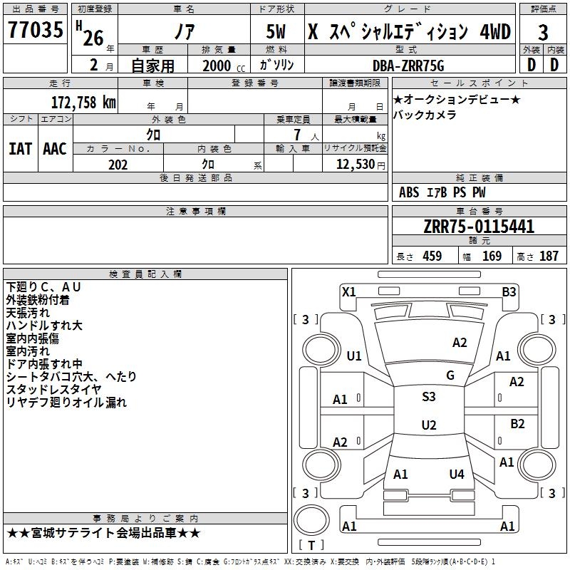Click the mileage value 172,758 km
pyautogui.click(x=83, y=102)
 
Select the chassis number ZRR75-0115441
pyautogui.click(x=479, y=227)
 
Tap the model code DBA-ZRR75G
pyautogui.click(x=408, y=66)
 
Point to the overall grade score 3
pyautogui.click(x=543, y=32)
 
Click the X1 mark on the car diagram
pyautogui.click(x=348, y=291)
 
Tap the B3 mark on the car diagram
pyautogui.click(x=509, y=291)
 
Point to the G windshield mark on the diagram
pyautogui.click(x=450, y=375)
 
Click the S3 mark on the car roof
pyautogui.click(x=429, y=397)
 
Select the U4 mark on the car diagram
pyautogui.click(x=457, y=474)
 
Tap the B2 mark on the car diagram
pyautogui.click(x=517, y=423)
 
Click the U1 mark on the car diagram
pyautogui.click(x=354, y=356)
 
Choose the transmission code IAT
pyautogui.click(x=20, y=149)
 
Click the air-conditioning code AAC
pyautogui.click(x=54, y=149)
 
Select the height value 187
pyautogui.click(x=549, y=256)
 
